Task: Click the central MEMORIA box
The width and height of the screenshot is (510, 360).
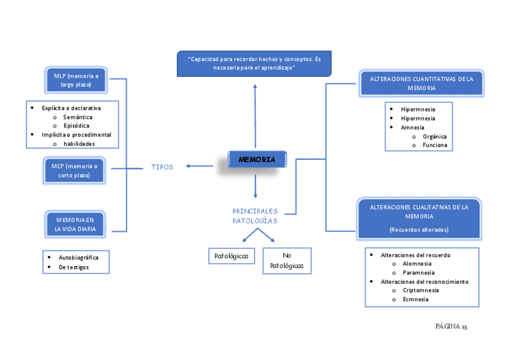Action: point(257,159)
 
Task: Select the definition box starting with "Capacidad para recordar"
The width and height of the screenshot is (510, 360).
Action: point(254,64)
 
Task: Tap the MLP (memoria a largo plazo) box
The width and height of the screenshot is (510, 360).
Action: point(76,80)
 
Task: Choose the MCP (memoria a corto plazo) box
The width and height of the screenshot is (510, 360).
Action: point(75,171)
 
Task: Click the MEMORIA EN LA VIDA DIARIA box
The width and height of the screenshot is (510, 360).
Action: point(76,224)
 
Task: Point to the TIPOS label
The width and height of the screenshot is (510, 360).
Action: point(162,167)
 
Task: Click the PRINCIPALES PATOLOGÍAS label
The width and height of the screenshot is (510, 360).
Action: point(255,216)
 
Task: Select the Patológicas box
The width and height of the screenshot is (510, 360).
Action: point(232,256)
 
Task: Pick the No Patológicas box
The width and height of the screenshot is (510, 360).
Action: point(287,261)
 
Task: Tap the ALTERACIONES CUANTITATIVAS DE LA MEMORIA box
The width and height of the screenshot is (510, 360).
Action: point(421,83)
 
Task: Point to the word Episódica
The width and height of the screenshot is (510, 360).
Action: point(76,126)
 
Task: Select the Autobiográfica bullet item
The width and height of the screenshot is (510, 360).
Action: point(79,257)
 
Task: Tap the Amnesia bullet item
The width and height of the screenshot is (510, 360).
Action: point(413,127)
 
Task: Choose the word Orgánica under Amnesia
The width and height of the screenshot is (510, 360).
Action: point(434,136)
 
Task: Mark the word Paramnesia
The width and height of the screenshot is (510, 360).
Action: point(419,272)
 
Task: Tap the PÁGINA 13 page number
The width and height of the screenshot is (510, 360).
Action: point(451,326)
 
